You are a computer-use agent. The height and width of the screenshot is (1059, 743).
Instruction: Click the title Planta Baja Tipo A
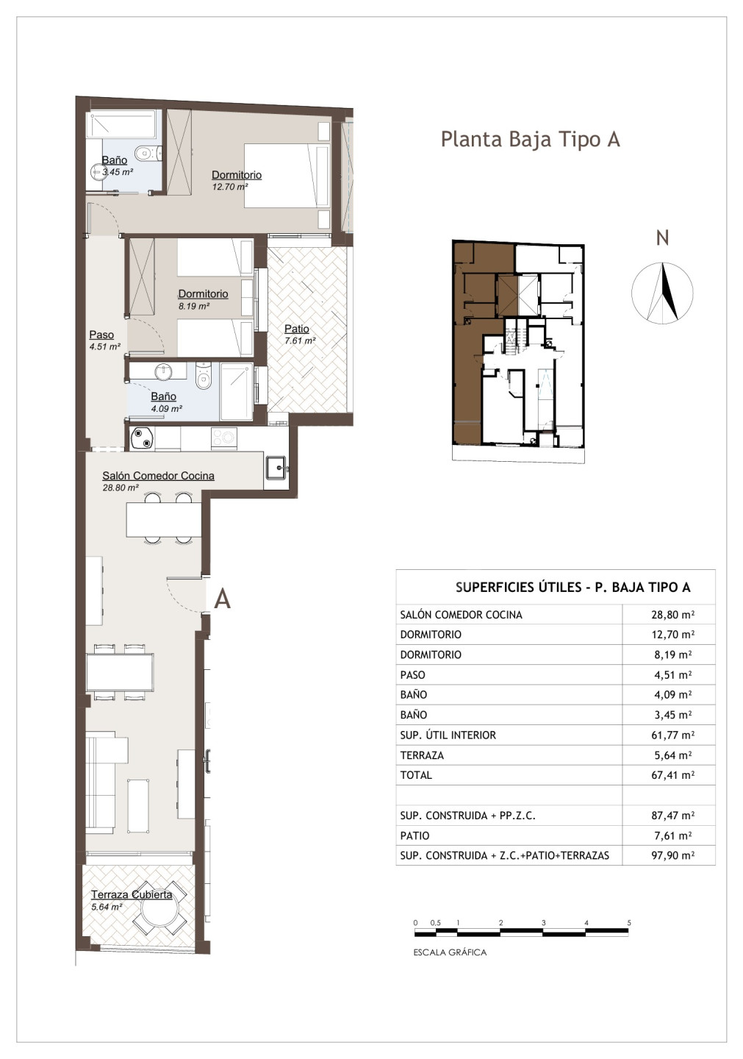[530, 140]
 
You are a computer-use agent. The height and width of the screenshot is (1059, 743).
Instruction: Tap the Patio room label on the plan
[297, 329]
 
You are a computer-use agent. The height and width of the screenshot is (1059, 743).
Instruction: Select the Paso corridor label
[101, 335]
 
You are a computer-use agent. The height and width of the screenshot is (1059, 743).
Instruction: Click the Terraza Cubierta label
[132, 894]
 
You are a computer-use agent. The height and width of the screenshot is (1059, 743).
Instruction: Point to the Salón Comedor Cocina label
[158, 476]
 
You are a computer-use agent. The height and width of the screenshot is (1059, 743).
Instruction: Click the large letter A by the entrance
[223, 599]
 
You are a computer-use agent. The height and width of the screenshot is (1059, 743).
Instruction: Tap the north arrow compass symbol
[662, 293]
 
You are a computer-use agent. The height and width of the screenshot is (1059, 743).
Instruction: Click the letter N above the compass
[663, 238]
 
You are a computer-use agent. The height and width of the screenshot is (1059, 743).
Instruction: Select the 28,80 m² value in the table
[672, 615]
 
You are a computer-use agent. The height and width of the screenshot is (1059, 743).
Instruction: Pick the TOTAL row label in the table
[416, 775]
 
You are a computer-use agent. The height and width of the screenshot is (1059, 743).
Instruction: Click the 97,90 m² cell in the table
[672, 855]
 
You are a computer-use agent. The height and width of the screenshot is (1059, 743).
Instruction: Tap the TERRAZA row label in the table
[422, 755]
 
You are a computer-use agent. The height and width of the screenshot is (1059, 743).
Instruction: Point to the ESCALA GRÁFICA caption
[450, 952]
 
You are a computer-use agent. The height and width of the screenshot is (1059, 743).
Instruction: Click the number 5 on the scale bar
[629, 922]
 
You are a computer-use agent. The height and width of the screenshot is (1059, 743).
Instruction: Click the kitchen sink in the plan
[276, 467]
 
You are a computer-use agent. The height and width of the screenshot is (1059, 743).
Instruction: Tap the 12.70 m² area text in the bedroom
[230, 187]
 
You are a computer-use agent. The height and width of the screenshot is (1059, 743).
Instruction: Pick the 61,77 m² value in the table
[672, 735]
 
